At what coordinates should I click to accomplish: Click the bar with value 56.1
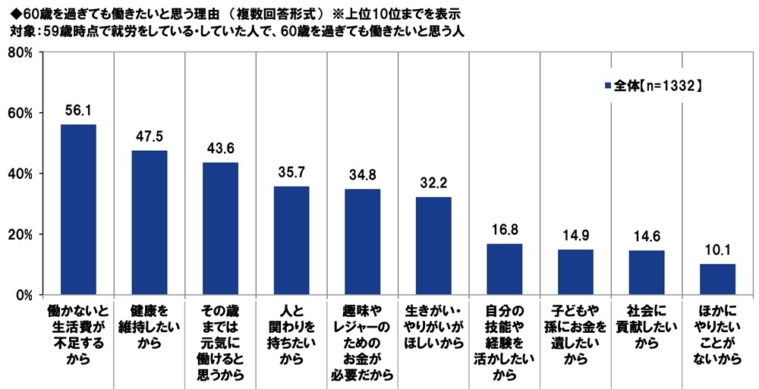pos(78,209)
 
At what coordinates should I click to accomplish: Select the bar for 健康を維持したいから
pos(150,222)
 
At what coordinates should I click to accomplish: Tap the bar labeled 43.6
pos(221,228)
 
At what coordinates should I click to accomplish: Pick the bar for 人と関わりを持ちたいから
pos(291,240)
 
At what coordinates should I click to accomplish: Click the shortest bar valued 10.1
pos(717,279)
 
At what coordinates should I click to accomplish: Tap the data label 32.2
pos(433,184)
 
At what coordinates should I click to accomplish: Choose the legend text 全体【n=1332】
pos(655,86)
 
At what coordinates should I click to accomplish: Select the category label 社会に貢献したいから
pos(647,325)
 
